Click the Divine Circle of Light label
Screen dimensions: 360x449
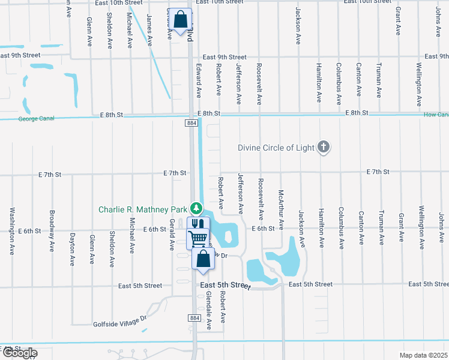tap(276, 147)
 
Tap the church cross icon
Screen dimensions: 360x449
tap(324, 147)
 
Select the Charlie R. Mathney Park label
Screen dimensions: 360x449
tap(143, 209)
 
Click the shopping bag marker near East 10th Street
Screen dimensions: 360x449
tap(180, 19)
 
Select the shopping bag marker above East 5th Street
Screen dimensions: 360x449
tap(203, 259)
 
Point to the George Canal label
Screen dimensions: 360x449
tap(37, 118)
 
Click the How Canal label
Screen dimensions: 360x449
tap(436, 115)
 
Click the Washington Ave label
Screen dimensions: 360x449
tap(12, 231)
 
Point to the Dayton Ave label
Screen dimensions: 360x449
tap(72, 249)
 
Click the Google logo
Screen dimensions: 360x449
tap(19, 353)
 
